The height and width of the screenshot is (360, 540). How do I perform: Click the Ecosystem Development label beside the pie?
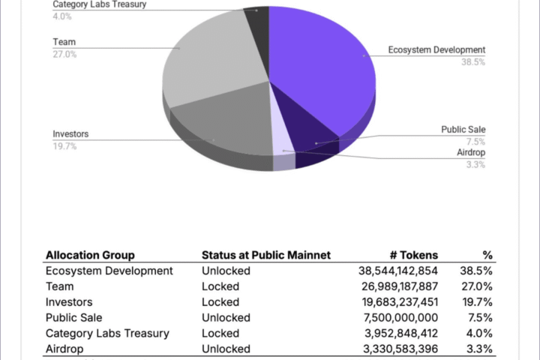coord(436,50)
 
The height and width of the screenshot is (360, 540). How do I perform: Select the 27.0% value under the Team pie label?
coord(64,55)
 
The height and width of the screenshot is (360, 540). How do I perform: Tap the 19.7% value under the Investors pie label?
coord(64,146)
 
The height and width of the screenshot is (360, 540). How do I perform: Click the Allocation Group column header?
coord(90,255)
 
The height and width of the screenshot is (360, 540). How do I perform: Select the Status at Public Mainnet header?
coord(266,255)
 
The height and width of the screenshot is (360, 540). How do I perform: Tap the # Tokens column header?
coord(413,255)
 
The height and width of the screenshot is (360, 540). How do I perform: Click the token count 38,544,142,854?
coord(398,271)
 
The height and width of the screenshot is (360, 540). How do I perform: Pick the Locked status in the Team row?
coord(220,286)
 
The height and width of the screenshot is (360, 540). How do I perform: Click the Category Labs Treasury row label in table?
coord(107,333)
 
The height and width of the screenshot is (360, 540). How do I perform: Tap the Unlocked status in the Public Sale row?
coord(226,318)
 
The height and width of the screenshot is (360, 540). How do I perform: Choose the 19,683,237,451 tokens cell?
coord(398,302)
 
